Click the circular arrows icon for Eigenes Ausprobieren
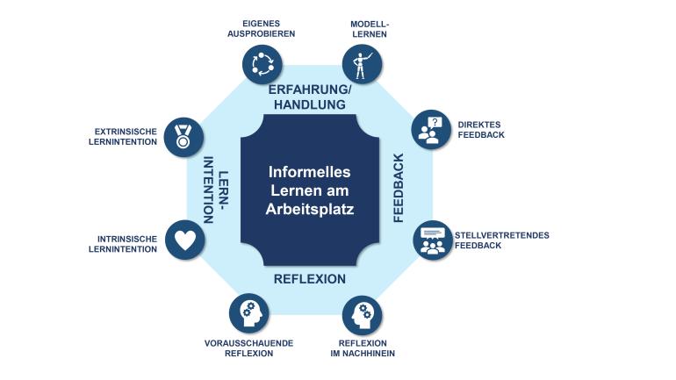coord(262,64)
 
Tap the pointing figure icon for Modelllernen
coord(361,64)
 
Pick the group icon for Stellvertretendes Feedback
coord(432,240)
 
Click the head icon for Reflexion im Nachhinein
coord(362,313)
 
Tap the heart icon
coord(184,240)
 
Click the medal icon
coord(183,136)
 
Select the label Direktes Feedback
coord(480,130)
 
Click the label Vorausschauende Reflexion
coord(248,348)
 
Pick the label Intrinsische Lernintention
coord(123,243)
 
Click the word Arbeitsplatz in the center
coord(310,210)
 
